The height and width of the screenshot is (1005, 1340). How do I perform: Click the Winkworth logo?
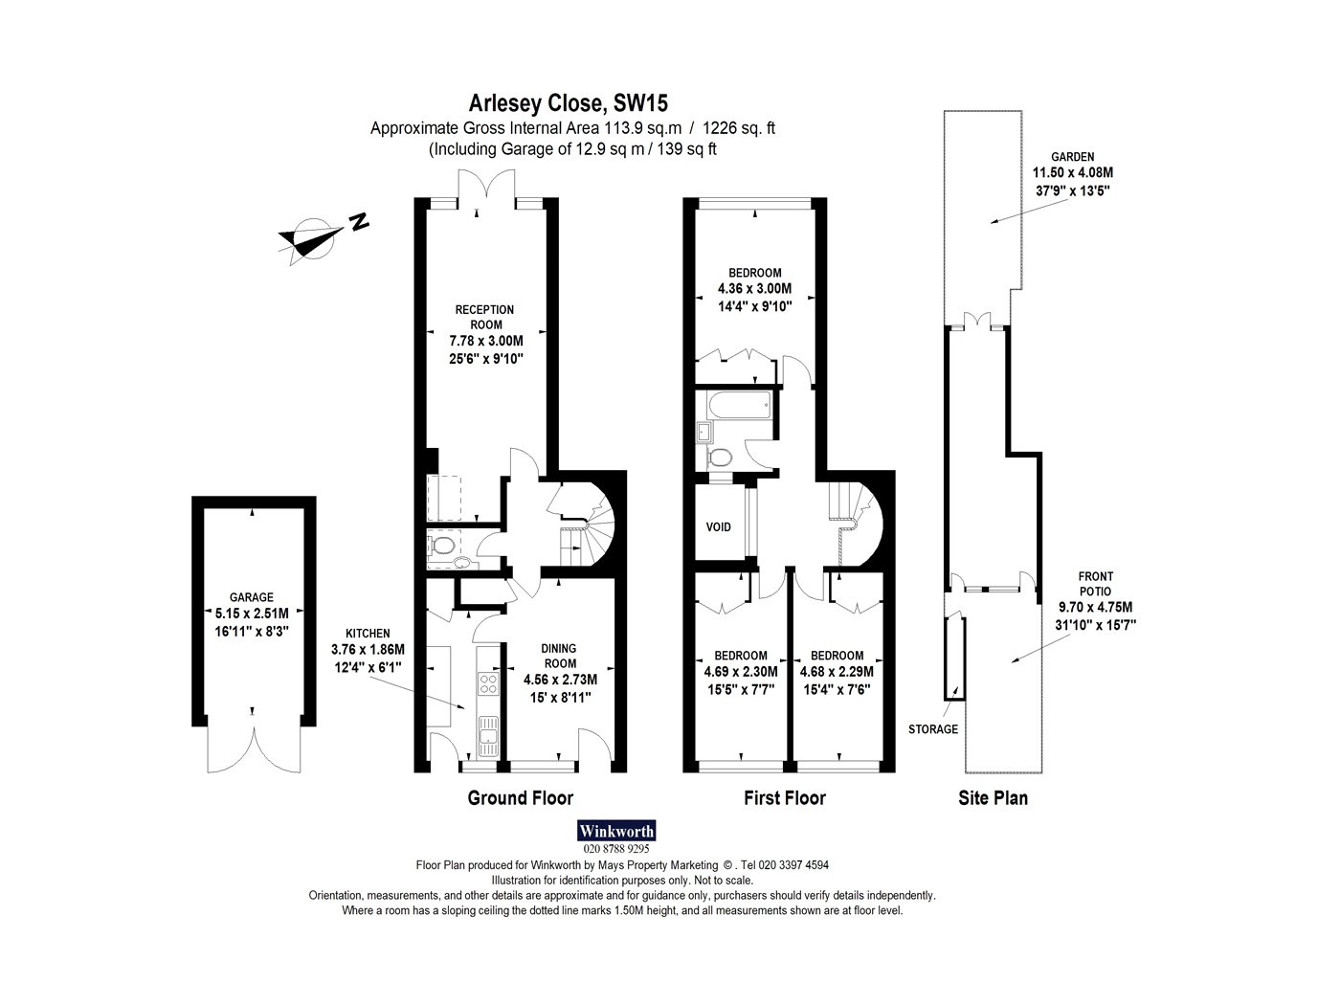[616, 831]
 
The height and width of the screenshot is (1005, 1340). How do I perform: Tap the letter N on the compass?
[360, 221]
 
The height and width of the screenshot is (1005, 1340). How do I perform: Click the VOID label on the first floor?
[718, 527]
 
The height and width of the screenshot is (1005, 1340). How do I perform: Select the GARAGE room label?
[251, 597]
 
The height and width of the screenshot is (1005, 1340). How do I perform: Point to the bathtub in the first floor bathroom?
[739, 405]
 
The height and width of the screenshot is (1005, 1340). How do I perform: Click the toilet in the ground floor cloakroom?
[442, 545]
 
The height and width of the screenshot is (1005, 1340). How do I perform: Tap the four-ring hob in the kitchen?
[488, 682]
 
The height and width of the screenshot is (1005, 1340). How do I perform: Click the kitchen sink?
[488, 736]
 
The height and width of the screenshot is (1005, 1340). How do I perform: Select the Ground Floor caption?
[520, 798]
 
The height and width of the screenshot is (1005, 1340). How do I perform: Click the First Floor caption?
[785, 798]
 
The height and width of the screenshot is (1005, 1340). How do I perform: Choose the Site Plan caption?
[993, 798]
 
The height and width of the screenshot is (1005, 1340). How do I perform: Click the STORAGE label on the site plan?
[933, 729]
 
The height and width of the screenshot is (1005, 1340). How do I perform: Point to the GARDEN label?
[1073, 157]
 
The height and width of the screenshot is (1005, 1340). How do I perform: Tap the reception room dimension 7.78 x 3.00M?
[486, 341]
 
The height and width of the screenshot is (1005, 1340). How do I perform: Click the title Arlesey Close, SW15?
[568, 103]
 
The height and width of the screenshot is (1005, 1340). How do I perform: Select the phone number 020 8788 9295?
[616, 849]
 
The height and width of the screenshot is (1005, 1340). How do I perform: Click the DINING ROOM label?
[559, 656]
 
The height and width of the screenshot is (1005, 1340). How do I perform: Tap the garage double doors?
[254, 750]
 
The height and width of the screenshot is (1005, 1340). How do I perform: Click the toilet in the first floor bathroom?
[721, 457]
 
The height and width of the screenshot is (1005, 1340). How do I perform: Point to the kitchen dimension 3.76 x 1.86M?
[368, 650]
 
